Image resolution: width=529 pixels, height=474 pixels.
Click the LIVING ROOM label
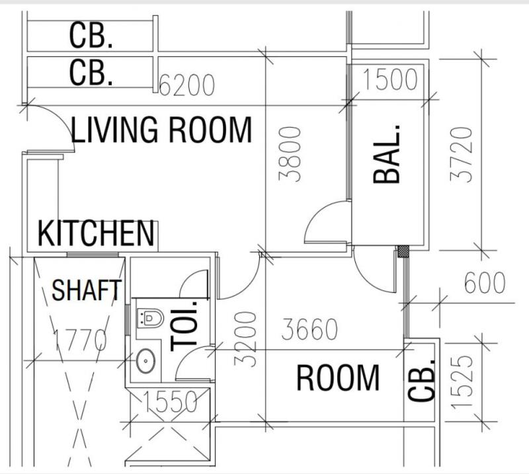tap(161, 130)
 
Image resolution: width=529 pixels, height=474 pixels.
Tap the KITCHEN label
tap(96, 233)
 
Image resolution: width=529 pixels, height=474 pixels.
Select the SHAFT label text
tap(87, 290)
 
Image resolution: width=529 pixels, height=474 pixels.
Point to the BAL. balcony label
tap(387, 154)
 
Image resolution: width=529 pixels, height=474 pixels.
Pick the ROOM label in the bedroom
tap(338, 378)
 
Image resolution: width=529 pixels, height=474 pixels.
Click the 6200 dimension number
tap(186, 85)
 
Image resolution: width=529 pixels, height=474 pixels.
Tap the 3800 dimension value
tap(290, 154)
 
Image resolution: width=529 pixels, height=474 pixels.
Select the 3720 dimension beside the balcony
tap(461, 155)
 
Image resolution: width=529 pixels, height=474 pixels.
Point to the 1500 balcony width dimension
tap(390, 79)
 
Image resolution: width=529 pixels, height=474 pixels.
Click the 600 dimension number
tap(485, 283)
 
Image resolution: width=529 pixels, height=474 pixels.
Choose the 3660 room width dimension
tap(309, 329)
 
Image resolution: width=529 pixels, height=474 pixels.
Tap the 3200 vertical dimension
tap(245, 339)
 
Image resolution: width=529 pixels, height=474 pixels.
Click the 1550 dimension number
tap(171, 402)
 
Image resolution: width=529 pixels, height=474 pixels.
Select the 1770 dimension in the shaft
tap(80, 340)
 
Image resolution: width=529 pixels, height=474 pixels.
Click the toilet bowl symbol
tap(151, 318)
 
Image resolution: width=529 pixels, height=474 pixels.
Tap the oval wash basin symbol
tap(145, 361)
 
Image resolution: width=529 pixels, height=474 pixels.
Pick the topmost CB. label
tap(91, 36)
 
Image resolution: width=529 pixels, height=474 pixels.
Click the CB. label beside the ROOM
tap(421, 381)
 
